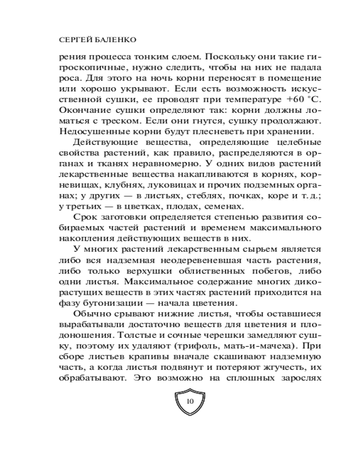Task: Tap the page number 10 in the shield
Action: (189, 401)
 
